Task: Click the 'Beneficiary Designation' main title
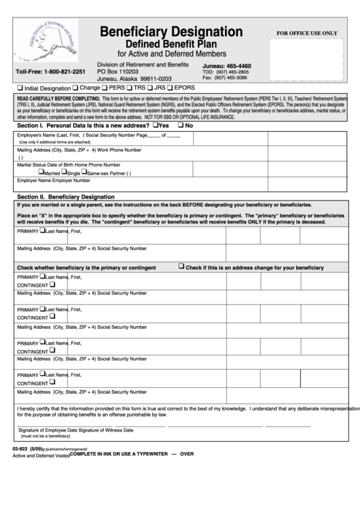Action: [171, 31]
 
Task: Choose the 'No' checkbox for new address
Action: [181, 125]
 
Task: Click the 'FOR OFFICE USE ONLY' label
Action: [306, 33]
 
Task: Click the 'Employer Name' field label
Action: [35, 181]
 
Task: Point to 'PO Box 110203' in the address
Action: [118, 71]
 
